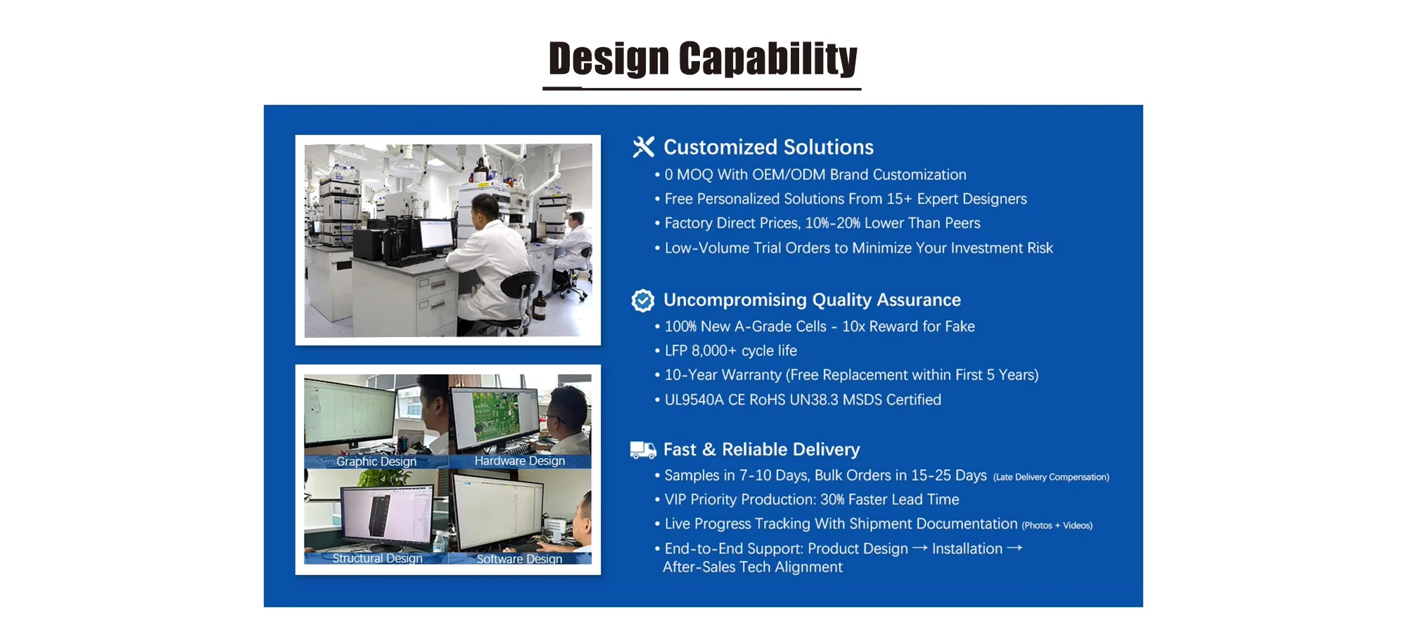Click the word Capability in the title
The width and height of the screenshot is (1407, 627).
[x=768, y=58]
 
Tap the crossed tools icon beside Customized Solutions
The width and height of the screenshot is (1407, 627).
[x=643, y=147]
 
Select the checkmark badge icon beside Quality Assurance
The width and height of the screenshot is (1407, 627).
[x=643, y=300]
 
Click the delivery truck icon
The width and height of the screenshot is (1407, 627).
[x=643, y=450]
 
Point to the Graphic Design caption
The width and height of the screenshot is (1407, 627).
[x=376, y=462]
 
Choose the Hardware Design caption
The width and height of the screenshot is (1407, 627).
[x=520, y=461]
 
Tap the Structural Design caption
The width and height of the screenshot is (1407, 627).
[x=377, y=558]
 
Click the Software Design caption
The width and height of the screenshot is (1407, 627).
[x=519, y=559]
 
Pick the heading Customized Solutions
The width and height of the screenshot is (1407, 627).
[x=768, y=147]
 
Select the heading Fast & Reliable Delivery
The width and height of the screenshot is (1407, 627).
[x=761, y=450]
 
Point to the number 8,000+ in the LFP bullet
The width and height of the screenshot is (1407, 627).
[x=713, y=350]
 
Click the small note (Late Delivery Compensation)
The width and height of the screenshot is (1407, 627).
[x=1051, y=477]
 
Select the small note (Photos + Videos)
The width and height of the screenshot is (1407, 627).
[x=1057, y=526]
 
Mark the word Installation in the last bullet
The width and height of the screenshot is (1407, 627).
[x=967, y=549]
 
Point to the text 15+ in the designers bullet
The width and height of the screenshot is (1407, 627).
[x=899, y=199]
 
